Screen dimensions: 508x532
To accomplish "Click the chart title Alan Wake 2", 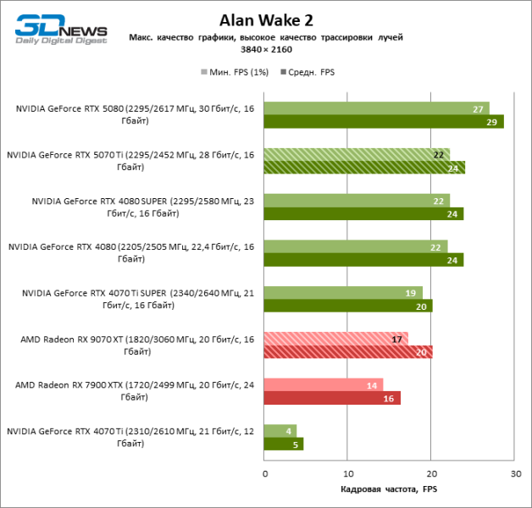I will coord(266,20).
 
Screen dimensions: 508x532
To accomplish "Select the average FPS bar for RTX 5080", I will coord(383,122).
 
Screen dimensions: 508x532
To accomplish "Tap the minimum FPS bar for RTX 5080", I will coord(376,108).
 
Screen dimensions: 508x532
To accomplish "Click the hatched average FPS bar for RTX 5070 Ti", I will coord(364,168).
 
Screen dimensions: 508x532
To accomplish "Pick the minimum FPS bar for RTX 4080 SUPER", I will coord(356,200).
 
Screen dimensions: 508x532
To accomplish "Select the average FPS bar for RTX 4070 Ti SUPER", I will coord(347,306).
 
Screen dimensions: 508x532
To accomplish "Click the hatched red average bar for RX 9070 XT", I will coord(347,351).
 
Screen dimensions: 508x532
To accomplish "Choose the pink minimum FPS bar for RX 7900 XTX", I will coord(323,384).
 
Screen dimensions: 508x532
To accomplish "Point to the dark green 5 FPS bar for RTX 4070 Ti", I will coord(283,444).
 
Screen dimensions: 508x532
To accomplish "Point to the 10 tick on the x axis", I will coord(348,472).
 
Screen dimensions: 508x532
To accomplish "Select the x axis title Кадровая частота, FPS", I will coord(389,490).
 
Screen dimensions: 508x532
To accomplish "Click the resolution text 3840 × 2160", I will coord(266,50).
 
